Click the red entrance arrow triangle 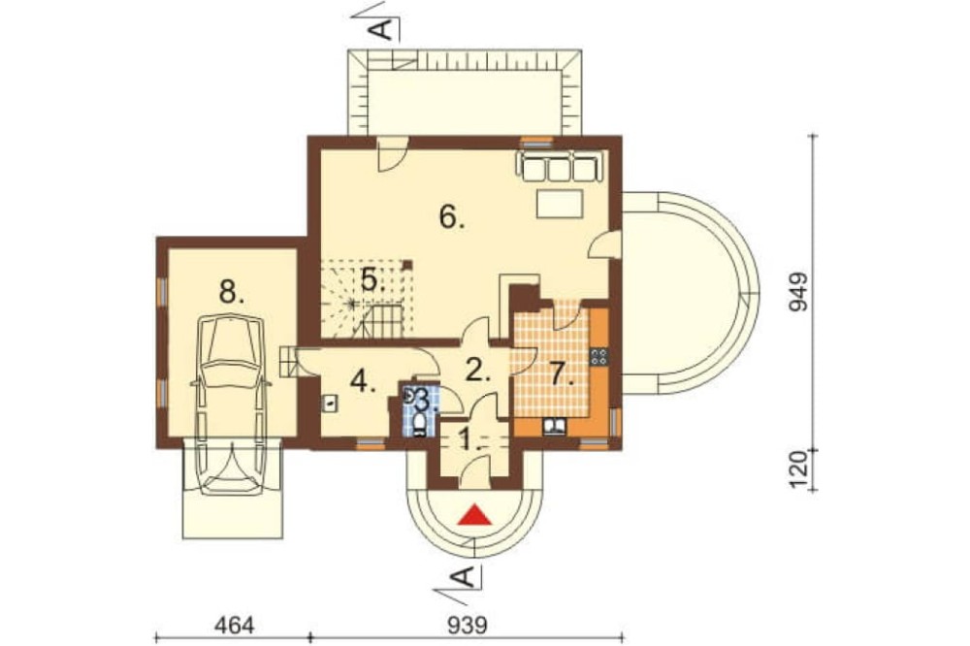tap(474, 515)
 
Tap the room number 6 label tap(452, 217)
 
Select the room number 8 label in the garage tap(232, 291)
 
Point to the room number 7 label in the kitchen tap(563, 374)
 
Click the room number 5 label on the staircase tap(373, 280)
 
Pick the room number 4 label tap(363, 382)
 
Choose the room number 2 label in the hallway tap(477, 371)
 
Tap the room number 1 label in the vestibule tap(469, 440)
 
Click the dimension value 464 tap(234, 626)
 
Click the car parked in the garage tap(231, 405)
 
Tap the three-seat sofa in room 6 tap(560, 166)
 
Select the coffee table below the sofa tap(560, 205)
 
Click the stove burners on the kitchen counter tap(598, 356)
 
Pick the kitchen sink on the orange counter tap(554, 427)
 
